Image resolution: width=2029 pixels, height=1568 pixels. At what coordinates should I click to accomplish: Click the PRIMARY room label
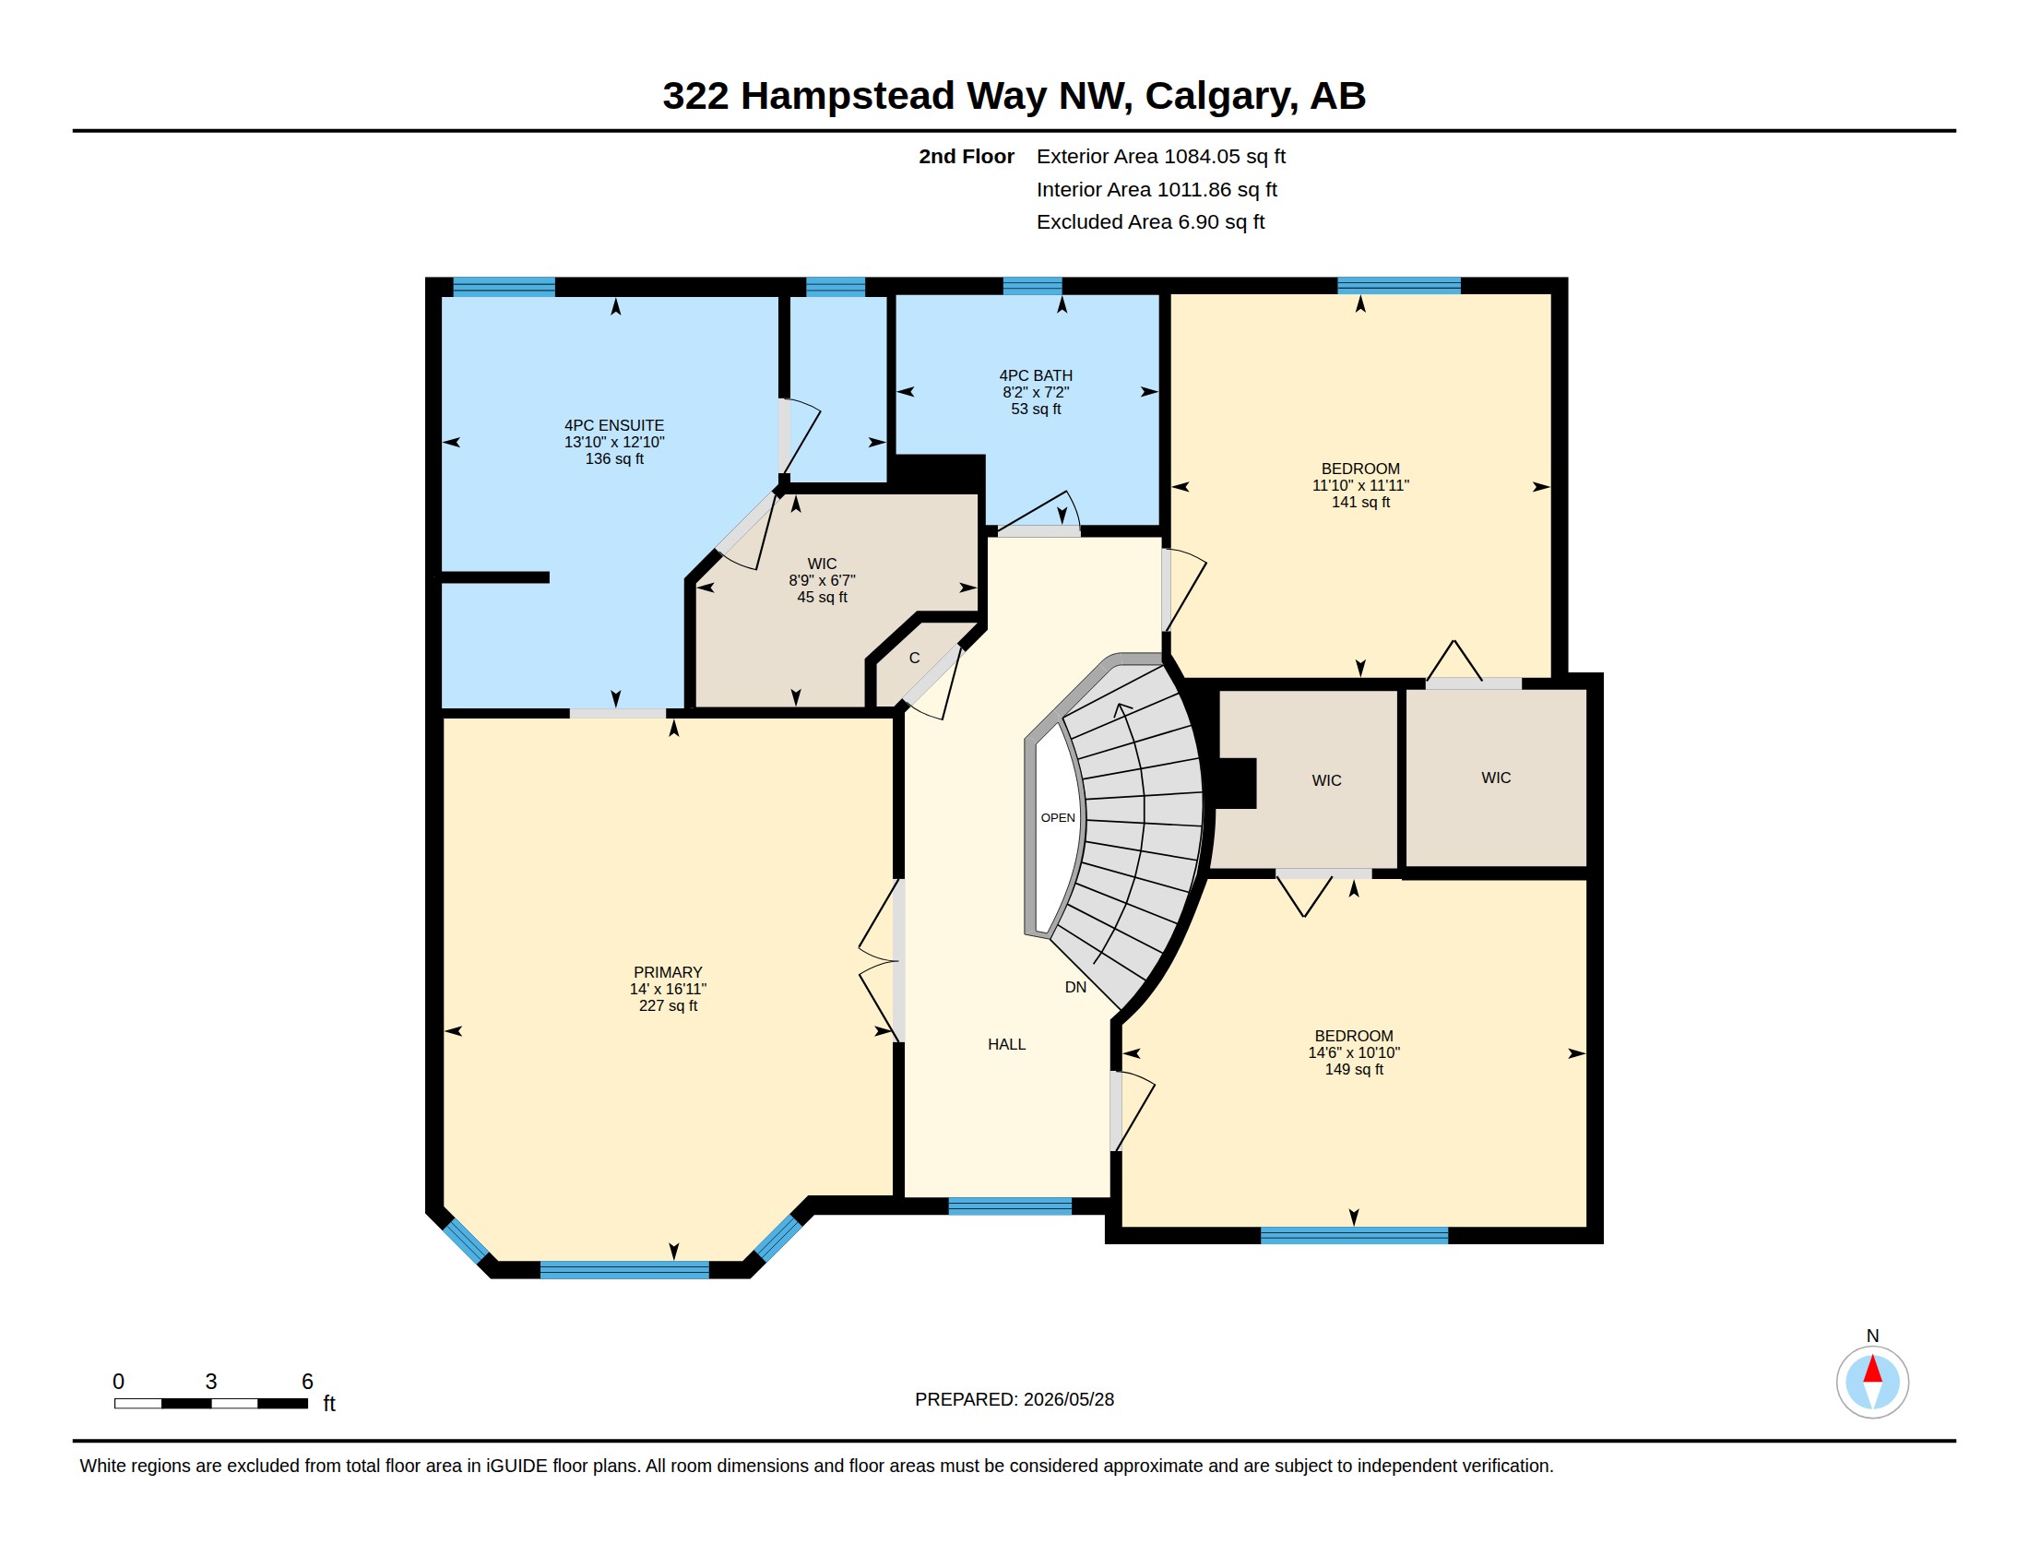point(667,972)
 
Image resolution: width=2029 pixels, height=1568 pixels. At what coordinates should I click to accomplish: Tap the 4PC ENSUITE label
point(614,425)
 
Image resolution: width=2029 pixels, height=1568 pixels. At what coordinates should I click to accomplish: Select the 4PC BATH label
point(1036,375)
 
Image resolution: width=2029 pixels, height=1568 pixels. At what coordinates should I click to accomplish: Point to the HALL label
point(1006,1044)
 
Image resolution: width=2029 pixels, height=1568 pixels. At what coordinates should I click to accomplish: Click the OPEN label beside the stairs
point(1058,817)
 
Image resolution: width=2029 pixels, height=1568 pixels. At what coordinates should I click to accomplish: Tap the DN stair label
point(1075,988)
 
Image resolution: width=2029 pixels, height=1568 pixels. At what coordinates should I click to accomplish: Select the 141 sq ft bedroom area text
point(1361,503)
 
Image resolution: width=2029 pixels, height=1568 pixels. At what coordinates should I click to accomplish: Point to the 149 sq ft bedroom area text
point(1354,1069)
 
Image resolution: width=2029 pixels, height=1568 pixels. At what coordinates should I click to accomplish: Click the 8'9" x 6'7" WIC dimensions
point(822,580)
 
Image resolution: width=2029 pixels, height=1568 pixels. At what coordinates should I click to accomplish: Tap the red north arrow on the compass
point(1873,1369)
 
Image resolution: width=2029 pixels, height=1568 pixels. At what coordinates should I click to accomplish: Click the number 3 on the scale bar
point(211,1382)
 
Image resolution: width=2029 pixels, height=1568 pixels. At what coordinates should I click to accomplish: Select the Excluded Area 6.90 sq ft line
point(1150,222)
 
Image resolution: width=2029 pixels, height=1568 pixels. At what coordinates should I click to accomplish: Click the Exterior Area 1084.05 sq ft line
point(1161,157)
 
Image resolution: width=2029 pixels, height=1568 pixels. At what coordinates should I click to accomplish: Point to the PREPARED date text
point(1014,1399)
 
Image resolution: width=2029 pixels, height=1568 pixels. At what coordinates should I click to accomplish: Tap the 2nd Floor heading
point(967,157)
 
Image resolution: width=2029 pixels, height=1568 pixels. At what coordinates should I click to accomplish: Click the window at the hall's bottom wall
point(1010,1206)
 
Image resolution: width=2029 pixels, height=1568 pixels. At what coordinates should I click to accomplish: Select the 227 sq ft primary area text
point(667,1006)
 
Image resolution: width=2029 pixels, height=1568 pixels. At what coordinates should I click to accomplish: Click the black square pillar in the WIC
point(1237,783)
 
